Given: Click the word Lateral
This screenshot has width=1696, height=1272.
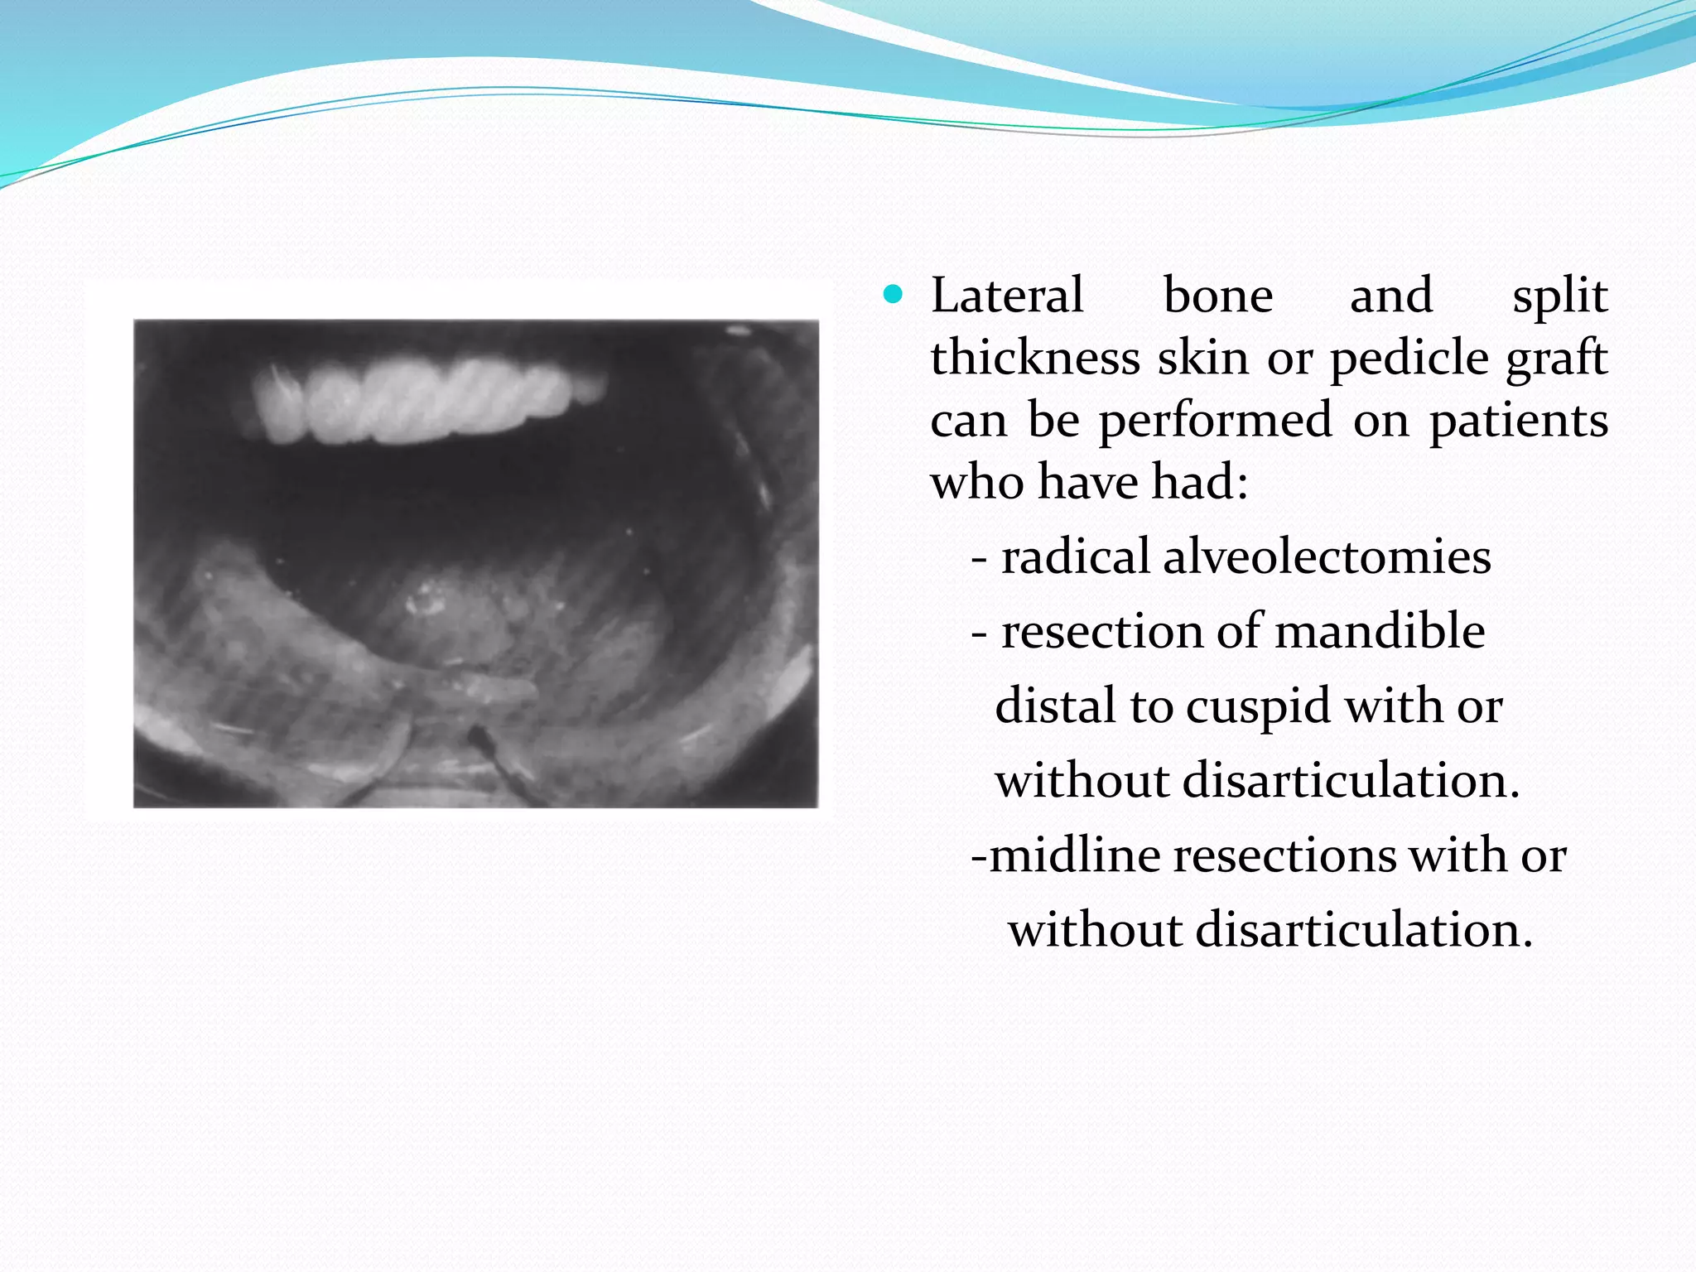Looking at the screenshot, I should pos(1007,295).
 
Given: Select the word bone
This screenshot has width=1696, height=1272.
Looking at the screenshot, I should pos(1218,295).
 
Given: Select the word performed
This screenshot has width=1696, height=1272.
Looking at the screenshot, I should pos(1215,421).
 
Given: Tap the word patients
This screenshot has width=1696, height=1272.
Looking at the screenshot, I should pos(1519,421).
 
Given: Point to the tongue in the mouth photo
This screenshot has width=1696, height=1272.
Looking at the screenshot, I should pos(464,613).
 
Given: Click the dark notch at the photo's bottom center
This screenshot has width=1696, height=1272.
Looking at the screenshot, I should pos(479,736).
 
